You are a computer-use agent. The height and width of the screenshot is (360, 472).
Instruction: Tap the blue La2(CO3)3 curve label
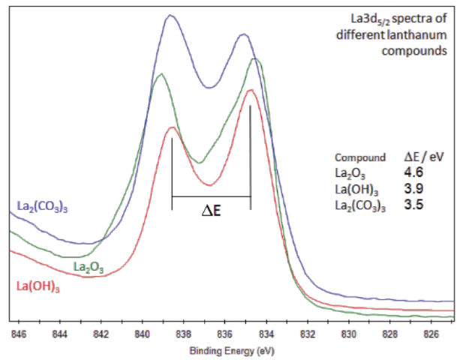pos(47,204)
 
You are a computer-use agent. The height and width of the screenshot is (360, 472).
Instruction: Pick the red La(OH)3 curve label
pos(39,286)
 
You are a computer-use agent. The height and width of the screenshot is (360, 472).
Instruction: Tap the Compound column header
pos(357,158)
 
